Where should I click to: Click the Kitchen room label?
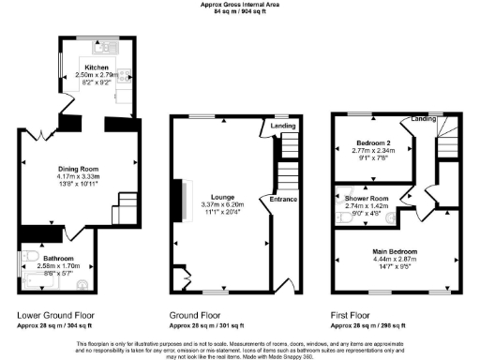(97, 67)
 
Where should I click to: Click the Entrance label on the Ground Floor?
(284, 199)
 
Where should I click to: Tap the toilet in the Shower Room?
(339, 215)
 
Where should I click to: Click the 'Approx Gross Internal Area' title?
(239, 4)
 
